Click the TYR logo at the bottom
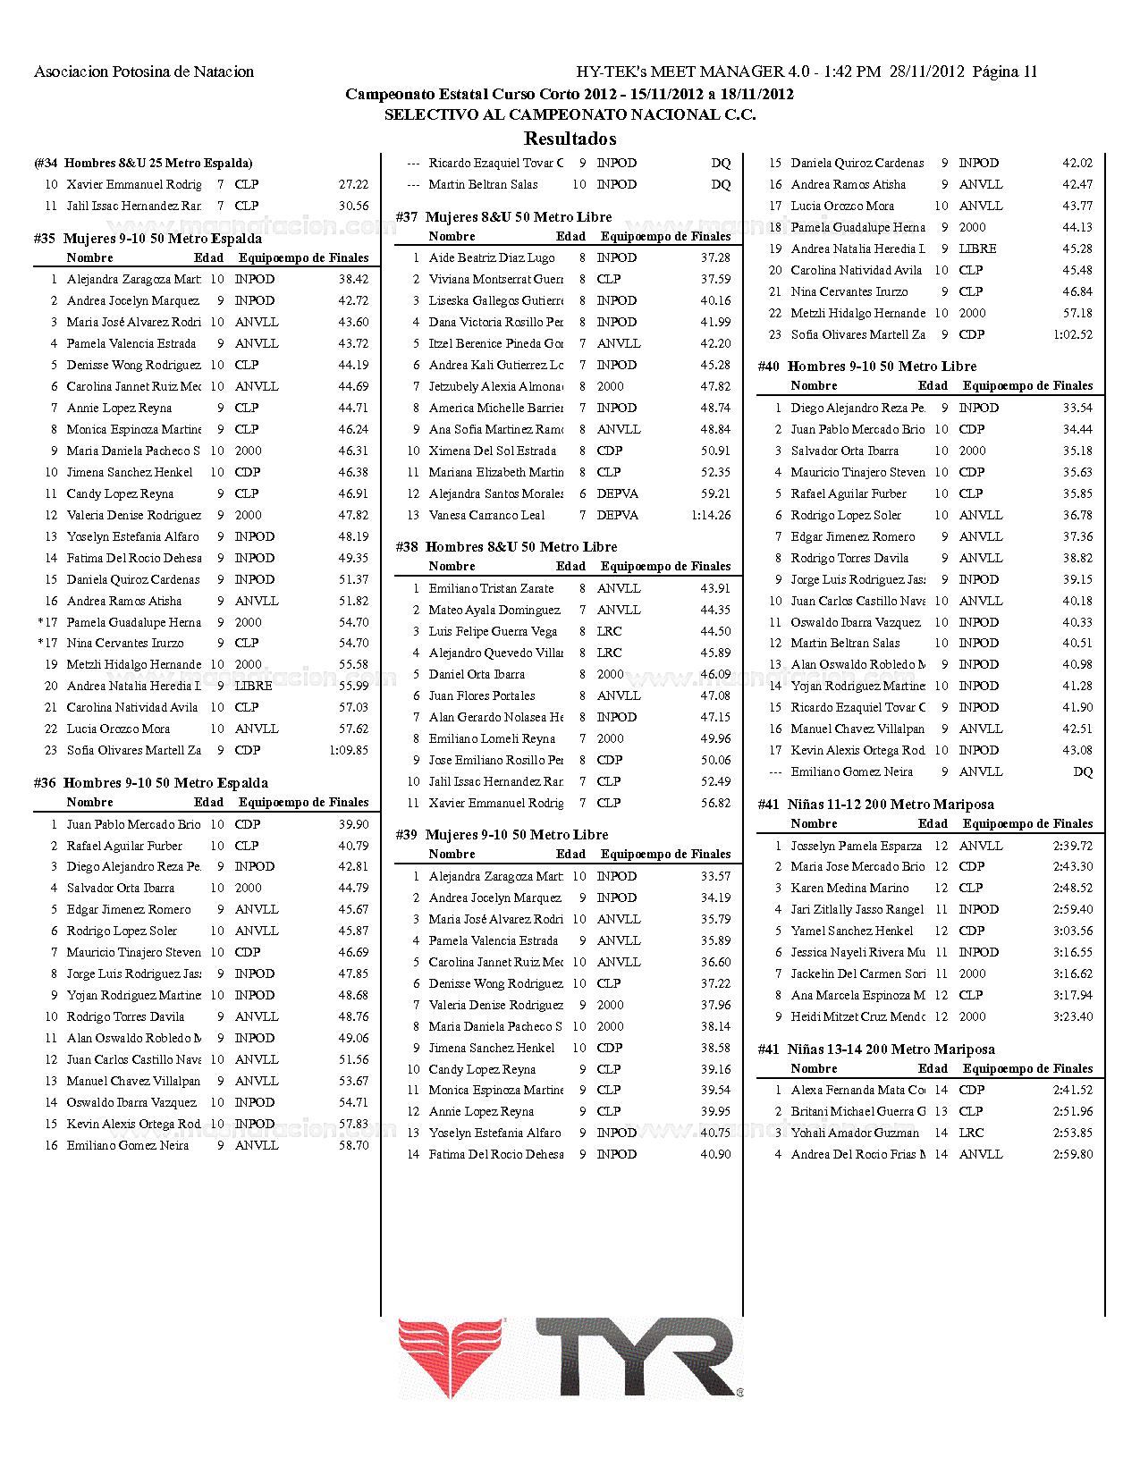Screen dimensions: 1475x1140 coord(570,1358)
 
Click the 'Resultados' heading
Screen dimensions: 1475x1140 coord(570,139)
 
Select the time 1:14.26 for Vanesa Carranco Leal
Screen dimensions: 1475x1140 coord(711,515)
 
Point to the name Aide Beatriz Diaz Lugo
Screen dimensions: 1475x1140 coord(492,257)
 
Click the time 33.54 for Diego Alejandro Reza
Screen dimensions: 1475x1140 coord(1077,408)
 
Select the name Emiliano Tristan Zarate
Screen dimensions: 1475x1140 coord(491,588)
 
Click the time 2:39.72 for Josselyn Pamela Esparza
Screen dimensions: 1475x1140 coord(1073,846)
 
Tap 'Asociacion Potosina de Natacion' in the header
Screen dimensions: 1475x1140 coord(144,72)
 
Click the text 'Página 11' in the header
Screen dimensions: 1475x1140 coord(1005,72)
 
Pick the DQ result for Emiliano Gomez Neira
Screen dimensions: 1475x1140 coord(1083,771)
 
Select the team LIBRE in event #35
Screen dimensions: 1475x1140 coord(253,686)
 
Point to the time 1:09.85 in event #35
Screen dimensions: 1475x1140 coord(349,750)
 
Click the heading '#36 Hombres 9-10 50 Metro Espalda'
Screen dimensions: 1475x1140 coord(151,783)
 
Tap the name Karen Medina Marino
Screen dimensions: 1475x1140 coord(849,888)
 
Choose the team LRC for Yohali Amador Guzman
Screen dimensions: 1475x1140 coord(971,1133)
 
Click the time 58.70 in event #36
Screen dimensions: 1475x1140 coord(353,1145)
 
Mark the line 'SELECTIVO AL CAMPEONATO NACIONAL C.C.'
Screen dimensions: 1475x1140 coord(570,114)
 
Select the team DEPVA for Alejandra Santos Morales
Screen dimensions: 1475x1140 coord(618,493)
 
